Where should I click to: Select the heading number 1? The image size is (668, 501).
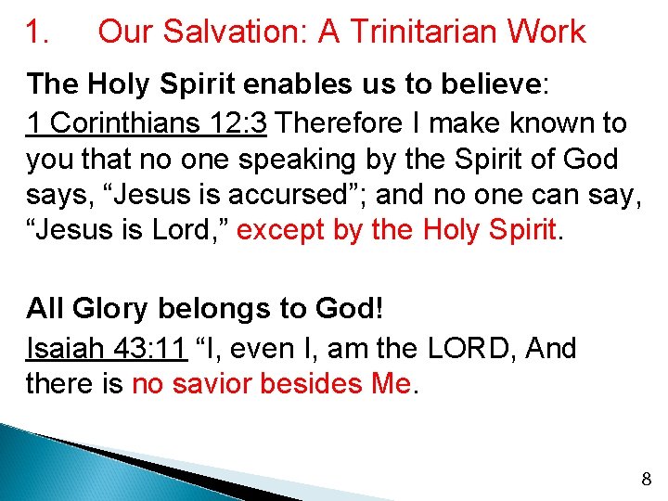coord(37,32)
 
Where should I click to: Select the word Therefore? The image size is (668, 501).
coord(344,122)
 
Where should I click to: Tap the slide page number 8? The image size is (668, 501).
coord(646,480)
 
